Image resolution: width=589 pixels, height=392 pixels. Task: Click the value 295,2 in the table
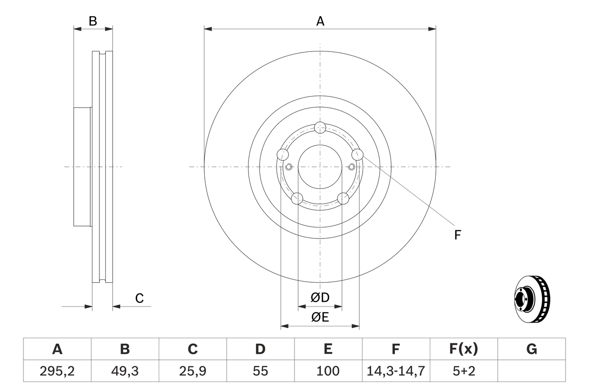pyautogui.click(x=57, y=371)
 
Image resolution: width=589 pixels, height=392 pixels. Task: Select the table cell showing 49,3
pyautogui.click(x=125, y=371)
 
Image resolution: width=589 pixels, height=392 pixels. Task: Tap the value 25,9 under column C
pyautogui.click(x=192, y=371)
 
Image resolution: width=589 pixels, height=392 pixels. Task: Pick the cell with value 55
pyautogui.click(x=260, y=371)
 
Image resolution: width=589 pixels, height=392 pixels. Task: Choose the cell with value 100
pyautogui.click(x=328, y=371)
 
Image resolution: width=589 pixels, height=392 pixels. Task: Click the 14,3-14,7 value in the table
pyautogui.click(x=396, y=371)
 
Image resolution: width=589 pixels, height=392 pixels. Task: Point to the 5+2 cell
pyautogui.click(x=463, y=371)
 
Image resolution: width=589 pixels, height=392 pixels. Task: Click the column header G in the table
pyautogui.click(x=531, y=350)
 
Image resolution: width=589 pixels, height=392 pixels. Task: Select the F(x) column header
pyautogui.click(x=463, y=350)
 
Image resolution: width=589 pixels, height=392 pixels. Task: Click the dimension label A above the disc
pyautogui.click(x=320, y=21)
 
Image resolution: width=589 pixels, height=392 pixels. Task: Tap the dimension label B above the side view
pyautogui.click(x=93, y=21)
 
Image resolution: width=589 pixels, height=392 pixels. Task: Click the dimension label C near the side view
pyautogui.click(x=139, y=298)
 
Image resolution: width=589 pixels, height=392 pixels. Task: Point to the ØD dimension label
pyautogui.click(x=320, y=298)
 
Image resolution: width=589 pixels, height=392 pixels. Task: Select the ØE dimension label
pyautogui.click(x=320, y=318)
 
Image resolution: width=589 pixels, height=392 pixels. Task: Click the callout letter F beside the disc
pyautogui.click(x=457, y=235)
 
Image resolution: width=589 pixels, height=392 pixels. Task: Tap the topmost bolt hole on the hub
pyautogui.click(x=320, y=127)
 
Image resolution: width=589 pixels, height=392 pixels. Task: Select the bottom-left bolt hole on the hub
pyautogui.click(x=298, y=199)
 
